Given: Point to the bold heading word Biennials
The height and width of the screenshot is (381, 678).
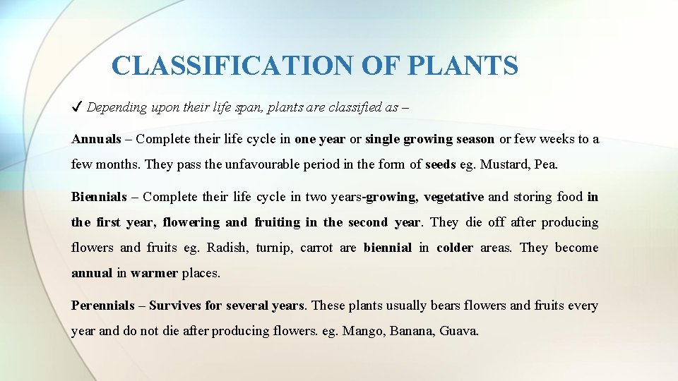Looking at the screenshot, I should (100, 197).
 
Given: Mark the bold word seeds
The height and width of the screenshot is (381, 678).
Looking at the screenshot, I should (441, 164).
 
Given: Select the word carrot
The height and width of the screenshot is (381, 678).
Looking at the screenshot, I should (316, 248).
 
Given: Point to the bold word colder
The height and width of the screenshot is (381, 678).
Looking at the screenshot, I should (455, 248).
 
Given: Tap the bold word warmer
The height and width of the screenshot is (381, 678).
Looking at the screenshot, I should (155, 273).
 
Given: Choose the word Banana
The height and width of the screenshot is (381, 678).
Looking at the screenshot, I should (411, 331).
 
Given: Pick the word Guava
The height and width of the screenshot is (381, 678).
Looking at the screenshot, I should (458, 331).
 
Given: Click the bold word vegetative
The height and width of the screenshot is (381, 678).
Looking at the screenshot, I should (453, 197).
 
